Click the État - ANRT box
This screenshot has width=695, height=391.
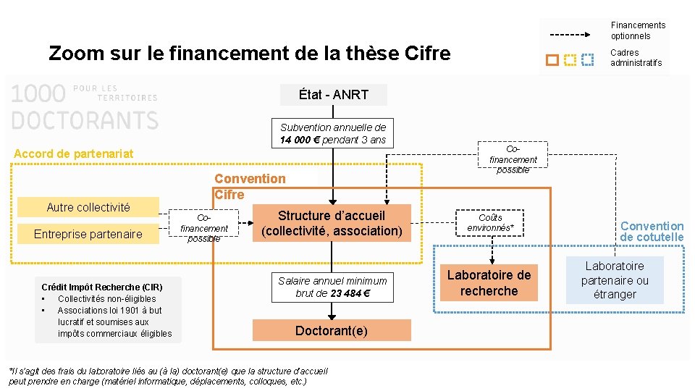click(334, 95)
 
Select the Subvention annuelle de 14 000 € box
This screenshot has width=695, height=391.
click(333, 133)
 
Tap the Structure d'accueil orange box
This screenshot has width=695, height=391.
click(332, 223)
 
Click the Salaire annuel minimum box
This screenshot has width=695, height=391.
click(332, 287)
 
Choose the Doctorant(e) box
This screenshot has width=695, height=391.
click(332, 331)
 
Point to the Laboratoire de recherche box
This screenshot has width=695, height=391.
click(489, 283)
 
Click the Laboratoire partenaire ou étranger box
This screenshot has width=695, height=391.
click(615, 280)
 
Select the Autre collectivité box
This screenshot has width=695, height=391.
click(88, 208)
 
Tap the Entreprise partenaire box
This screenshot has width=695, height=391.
click(88, 234)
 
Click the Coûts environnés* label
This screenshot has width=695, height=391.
click(491, 222)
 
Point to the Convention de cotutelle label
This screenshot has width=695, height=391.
click(652, 232)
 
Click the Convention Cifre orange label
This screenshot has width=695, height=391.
click(250, 186)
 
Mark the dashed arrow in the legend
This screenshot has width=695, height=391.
click(576, 35)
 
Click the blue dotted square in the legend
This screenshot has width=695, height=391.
click(589, 59)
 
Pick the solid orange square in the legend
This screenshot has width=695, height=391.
click(552, 59)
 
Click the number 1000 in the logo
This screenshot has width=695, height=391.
click(38, 95)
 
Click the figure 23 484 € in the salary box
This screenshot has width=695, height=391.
click(350, 293)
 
